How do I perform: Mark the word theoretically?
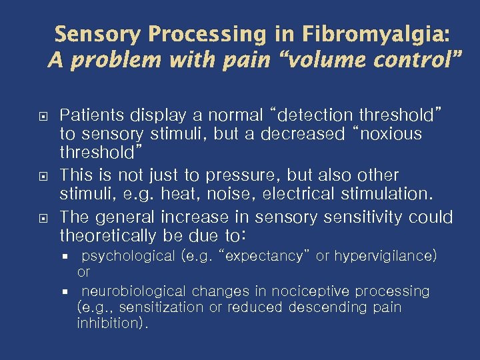116,237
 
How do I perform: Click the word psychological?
129,257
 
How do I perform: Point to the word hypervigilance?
385,257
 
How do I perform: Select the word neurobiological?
135,291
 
